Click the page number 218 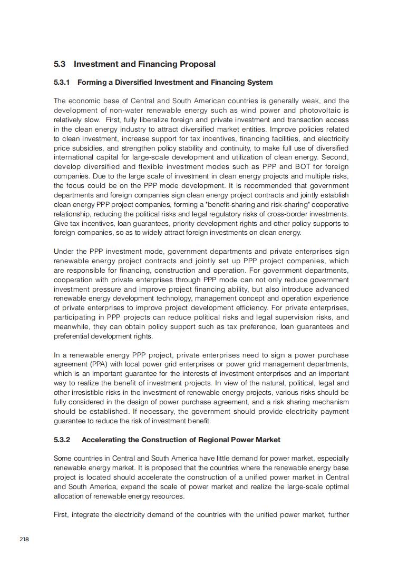pos(24,539)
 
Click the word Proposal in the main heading pos(198,64)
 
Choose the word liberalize pos(146,120)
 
